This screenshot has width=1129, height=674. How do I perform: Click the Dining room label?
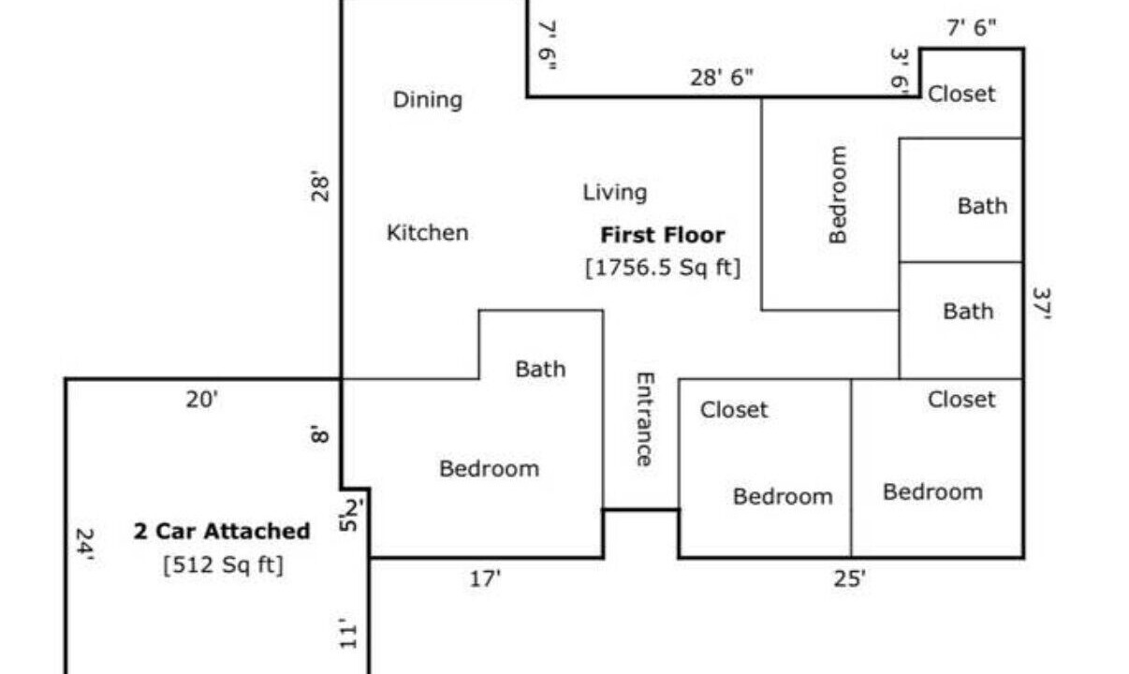click(x=428, y=100)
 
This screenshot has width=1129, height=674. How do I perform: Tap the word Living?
click(x=615, y=193)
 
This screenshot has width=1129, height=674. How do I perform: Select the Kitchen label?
click(x=428, y=233)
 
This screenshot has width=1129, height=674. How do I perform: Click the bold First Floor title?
click(x=663, y=235)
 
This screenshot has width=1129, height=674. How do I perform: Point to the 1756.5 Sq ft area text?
click(x=663, y=267)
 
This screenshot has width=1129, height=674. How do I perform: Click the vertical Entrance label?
click(x=645, y=419)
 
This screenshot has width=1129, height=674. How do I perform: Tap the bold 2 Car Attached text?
click(x=222, y=532)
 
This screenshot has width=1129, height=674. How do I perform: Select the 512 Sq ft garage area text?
click(x=224, y=564)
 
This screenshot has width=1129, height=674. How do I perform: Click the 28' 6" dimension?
click(x=721, y=78)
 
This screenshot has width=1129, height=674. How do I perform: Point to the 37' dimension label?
click(x=1041, y=303)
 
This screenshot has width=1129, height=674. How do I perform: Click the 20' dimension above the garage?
click(x=201, y=400)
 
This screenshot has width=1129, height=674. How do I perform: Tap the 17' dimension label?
click(x=485, y=579)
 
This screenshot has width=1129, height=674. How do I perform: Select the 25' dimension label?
click(x=849, y=579)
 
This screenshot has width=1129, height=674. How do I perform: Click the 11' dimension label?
click(x=347, y=634)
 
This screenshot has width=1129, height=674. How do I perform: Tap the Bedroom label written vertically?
click(x=838, y=195)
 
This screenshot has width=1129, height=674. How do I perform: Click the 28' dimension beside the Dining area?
click(x=319, y=186)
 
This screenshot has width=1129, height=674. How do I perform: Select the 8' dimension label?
click(x=319, y=433)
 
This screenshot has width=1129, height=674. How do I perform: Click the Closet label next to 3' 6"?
click(x=961, y=95)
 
